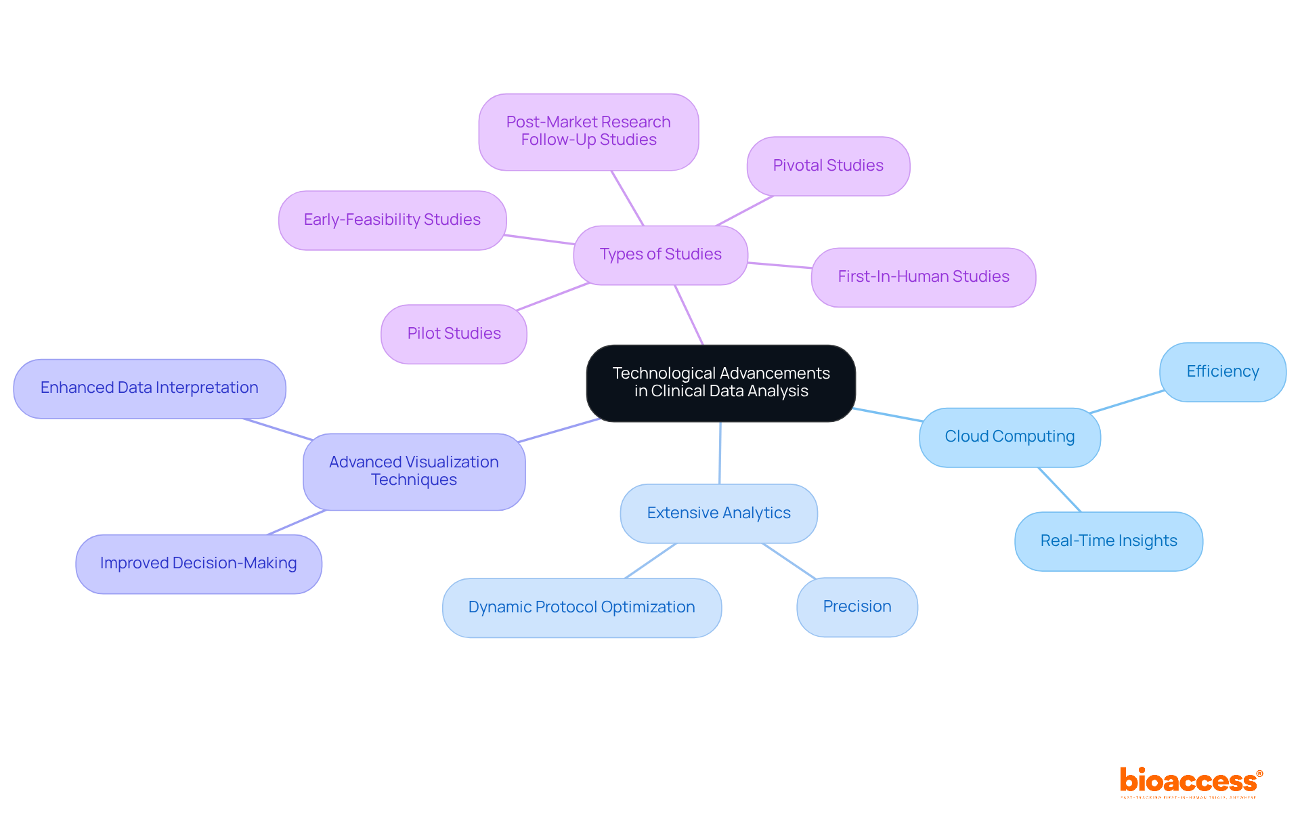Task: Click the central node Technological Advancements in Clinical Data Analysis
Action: coord(720,383)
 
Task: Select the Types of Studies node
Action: coord(660,255)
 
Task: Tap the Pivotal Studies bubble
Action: coord(828,166)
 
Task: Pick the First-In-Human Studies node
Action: coord(923,277)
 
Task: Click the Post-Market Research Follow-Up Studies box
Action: coord(588,131)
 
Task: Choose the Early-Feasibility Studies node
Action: coord(392,220)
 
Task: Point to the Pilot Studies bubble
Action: coord(454,334)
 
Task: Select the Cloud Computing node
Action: coord(1010,437)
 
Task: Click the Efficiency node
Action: coord(1222,372)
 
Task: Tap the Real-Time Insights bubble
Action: coord(1108,541)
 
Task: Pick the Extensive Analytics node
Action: coord(718,513)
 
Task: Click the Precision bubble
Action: coord(857,607)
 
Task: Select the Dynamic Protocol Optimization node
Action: coord(582,608)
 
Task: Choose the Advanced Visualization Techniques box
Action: coord(414,471)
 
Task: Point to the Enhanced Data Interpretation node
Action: coord(149,388)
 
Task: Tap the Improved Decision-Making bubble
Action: coord(198,564)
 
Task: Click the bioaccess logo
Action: coord(1190,782)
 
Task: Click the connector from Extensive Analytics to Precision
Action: coord(789,561)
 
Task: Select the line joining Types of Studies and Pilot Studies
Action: coord(552,297)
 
